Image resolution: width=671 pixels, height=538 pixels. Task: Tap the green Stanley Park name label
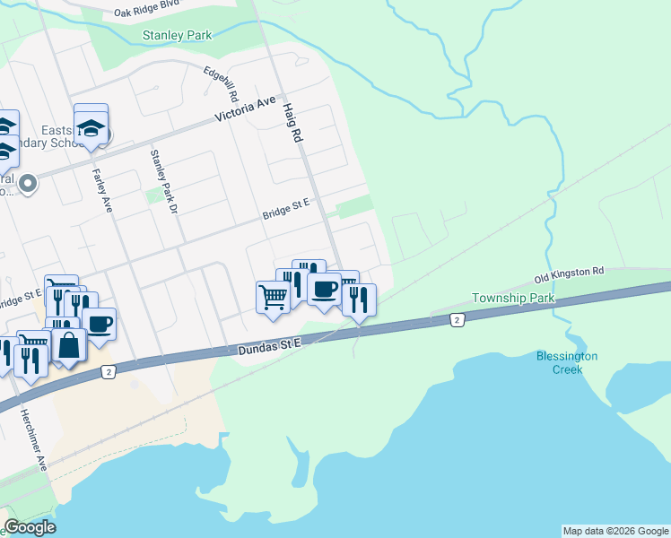[177, 36]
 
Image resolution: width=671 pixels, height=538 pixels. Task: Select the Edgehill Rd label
[222, 82]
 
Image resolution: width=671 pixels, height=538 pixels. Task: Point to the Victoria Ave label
[245, 110]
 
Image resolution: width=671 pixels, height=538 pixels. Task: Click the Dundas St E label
[271, 344]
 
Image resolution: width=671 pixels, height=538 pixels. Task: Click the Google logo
[30, 527]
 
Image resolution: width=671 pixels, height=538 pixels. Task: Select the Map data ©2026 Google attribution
[615, 531]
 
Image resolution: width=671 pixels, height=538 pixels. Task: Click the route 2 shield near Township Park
[457, 319]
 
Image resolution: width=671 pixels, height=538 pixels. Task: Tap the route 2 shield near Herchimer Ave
[109, 372]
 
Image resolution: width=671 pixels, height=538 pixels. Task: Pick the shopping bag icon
[68, 344]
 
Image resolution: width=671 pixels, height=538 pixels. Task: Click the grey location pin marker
[28, 184]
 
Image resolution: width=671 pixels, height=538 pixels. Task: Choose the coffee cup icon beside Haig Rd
[323, 289]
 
